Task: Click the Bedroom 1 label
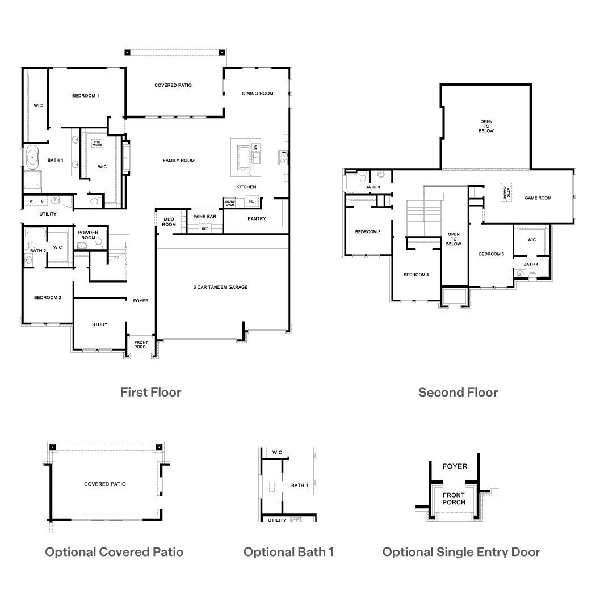[x=85, y=96]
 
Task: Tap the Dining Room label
[x=258, y=94]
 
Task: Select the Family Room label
[x=179, y=161]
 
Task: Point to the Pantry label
[x=257, y=219]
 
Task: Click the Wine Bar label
[x=204, y=217]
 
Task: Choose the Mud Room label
[x=169, y=221]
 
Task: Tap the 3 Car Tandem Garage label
[x=220, y=288]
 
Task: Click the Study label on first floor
[x=100, y=324]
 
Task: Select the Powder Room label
[x=88, y=235]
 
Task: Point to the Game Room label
[x=538, y=198]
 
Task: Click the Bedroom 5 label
[x=491, y=254]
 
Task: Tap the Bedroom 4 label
[x=416, y=275]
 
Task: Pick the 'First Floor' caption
[x=150, y=392]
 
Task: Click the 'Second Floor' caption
[x=458, y=392]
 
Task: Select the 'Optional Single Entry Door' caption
[x=461, y=552]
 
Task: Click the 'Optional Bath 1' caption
[x=288, y=552]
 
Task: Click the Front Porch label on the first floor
[x=141, y=345]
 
